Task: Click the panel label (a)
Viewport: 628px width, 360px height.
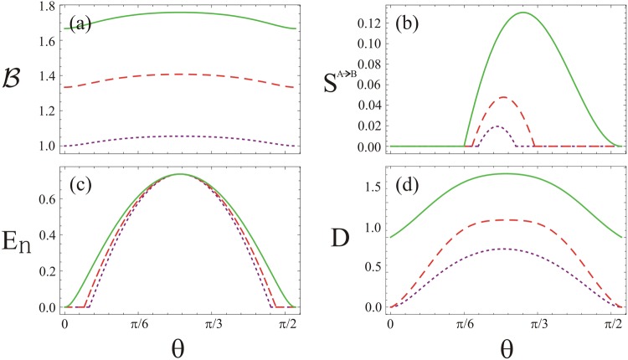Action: pyautogui.click(x=81, y=22)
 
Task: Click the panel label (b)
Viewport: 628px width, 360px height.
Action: pyautogui.click(x=405, y=22)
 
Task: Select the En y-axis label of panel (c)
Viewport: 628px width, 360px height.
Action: pyautogui.click(x=16, y=246)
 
